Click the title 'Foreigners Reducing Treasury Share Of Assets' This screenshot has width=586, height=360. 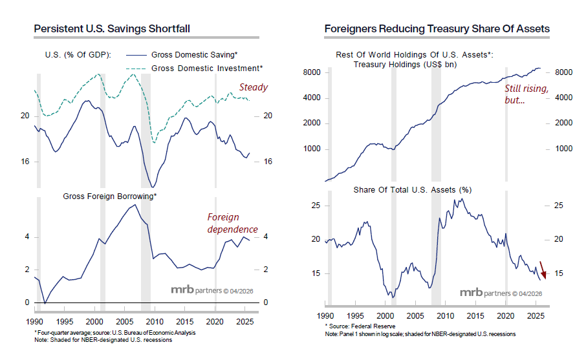pyautogui.click(x=437, y=28)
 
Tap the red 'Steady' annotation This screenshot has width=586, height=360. pyautogui.click(x=253, y=87)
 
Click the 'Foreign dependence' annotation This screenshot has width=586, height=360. pyautogui.click(x=232, y=223)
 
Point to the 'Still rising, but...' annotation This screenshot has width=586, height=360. pyautogui.click(x=526, y=94)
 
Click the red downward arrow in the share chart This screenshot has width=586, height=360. pyautogui.click(x=544, y=269)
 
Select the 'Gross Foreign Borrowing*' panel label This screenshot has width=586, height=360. pyautogui.click(x=110, y=195)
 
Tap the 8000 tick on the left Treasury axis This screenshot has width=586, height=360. pyautogui.click(x=312, y=72)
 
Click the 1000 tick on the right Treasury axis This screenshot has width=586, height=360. pyautogui.click(x=563, y=149)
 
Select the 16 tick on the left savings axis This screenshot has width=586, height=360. pyautogui.click(x=25, y=162)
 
